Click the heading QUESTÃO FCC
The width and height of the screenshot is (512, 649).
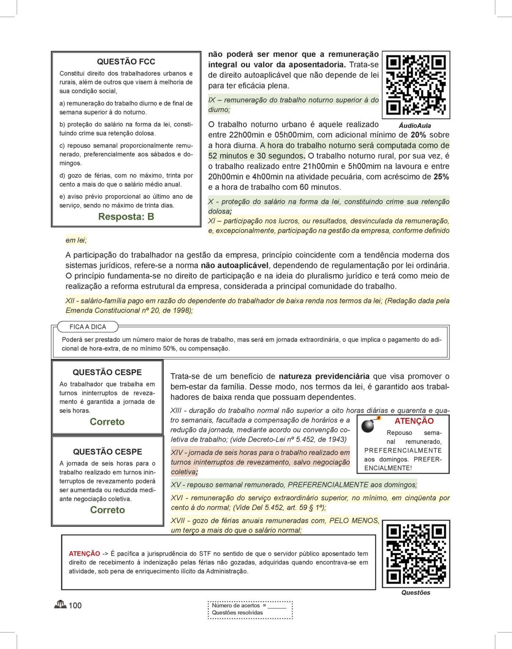(x=126, y=62)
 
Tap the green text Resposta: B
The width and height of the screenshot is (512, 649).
(x=126, y=217)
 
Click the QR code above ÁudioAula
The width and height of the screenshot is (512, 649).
(x=416, y=85)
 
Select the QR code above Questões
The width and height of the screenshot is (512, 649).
(x=416, y=554)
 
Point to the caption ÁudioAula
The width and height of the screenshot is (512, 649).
(x=415, y=125)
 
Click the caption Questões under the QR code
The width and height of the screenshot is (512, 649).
(x=416, y=592)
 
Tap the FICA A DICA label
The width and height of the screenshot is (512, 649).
(x=88, y=327)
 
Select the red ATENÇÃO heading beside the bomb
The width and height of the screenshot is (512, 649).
(x=414, y=421)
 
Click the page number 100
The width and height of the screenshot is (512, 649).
(x=75, y=605)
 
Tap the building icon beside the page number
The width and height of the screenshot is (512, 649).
(x=60, y=605)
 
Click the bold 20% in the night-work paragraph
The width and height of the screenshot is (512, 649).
(x=418, y=135)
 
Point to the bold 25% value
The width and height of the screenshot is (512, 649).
(x=441, y=177)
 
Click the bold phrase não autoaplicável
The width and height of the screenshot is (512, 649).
(x=234, y=265)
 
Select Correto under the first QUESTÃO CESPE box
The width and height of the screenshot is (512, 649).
(x=107, y=422)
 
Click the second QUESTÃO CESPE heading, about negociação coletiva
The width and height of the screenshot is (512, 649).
(x=107, y=452)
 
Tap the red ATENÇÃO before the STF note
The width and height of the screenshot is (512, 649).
(x=84, y=554)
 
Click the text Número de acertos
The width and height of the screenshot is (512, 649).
(x=236, y=605)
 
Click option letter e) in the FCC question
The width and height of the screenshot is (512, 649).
(x=62, y=196)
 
